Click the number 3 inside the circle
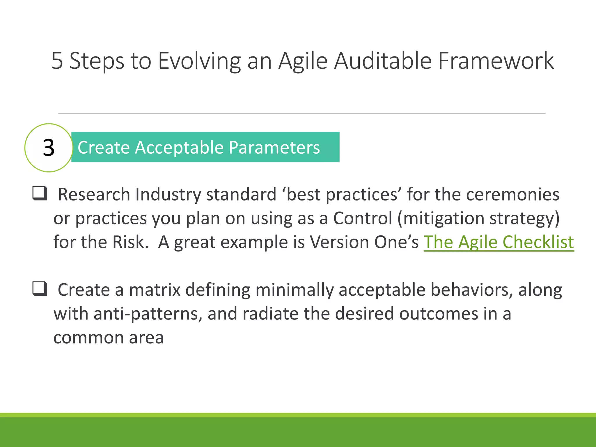coord(49,148)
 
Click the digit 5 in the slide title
coord(57,61)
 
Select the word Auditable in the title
coord(382,61)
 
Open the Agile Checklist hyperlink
coord(499,242)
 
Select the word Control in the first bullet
coord(363,218)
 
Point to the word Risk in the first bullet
coord(130,242)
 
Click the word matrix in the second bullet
coord(155,290)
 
